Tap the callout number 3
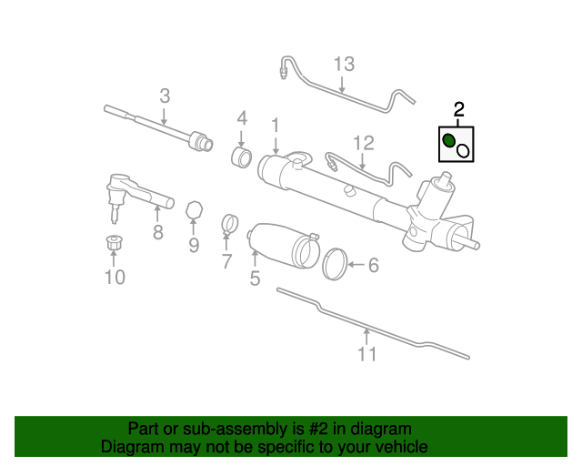pyautogui.click(x=165, y=95)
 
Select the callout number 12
pyautogui.click(x=364, y=143)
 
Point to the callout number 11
pyautogui.click(x=366, y=354)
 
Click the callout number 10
pyautogui.click(x=115, y=277)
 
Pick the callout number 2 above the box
pyautogui.click(x=459, y=110)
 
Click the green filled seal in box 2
pyautogui.click(x=449, y=141)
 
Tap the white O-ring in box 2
pyautogui.click(x=462, y=151)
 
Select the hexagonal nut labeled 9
pyautogui.click(x=193, y=210)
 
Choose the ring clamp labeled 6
pyautogui.click(x=336, y=263)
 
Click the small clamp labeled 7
pyautogui.click(x=229, y=222)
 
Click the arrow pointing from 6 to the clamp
pyautogui.click(x=356, y=265)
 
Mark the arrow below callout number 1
pyautogui.click(x=275, y=145)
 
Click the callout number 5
pyautogui.click(x=255, y=279)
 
